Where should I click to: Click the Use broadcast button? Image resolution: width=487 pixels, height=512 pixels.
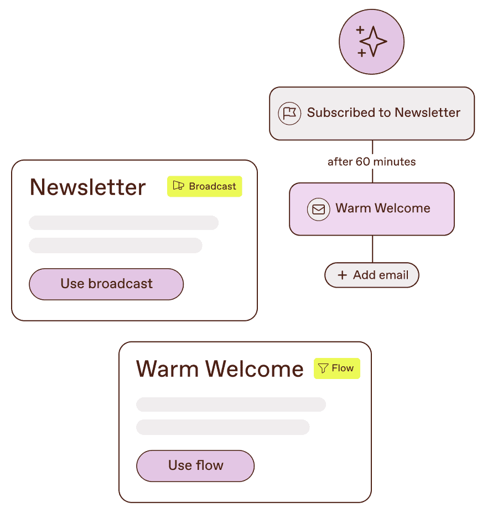[x=106, y=284]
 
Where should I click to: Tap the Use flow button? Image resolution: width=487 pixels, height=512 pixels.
[x=195, y=465]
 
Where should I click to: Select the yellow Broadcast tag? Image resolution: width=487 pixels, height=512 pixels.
[x=205, y=186]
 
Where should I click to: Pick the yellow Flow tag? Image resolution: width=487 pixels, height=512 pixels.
[x=337, y=368]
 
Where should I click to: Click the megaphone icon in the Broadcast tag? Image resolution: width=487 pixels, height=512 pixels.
[x=178, y=186]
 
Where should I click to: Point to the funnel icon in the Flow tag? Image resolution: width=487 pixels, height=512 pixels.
[x=323, y=368]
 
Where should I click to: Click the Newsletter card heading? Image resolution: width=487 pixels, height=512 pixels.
[x=87, y=187]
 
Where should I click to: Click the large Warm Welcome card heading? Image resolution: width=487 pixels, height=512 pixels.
[x=220, y=369]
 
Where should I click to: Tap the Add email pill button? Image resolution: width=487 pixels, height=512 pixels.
[x=372, y=275]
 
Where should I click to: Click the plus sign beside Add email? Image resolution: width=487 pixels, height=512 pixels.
[x=343, y=275]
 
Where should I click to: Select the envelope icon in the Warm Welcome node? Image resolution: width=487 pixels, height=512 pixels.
[x=318, y=209]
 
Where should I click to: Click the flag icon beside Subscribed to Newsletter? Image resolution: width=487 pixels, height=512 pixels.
[x=289, y=113]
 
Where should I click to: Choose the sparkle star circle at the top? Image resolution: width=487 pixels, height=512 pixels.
[x=371, y=42]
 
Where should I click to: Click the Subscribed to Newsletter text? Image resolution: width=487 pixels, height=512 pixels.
[x=384, y=112]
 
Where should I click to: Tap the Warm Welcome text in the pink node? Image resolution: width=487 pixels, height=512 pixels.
[x=382, y=208]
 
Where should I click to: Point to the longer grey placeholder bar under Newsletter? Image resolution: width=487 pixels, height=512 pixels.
[x=123, y=223]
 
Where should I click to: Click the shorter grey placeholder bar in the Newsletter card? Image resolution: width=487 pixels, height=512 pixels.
[x=115, y=245]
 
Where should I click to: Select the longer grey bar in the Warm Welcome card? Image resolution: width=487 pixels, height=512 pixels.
[x=231, y=405]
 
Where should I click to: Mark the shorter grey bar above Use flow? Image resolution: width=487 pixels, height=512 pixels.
[x=222, y=427]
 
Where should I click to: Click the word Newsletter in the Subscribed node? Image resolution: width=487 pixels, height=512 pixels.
[x=427, y=112]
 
